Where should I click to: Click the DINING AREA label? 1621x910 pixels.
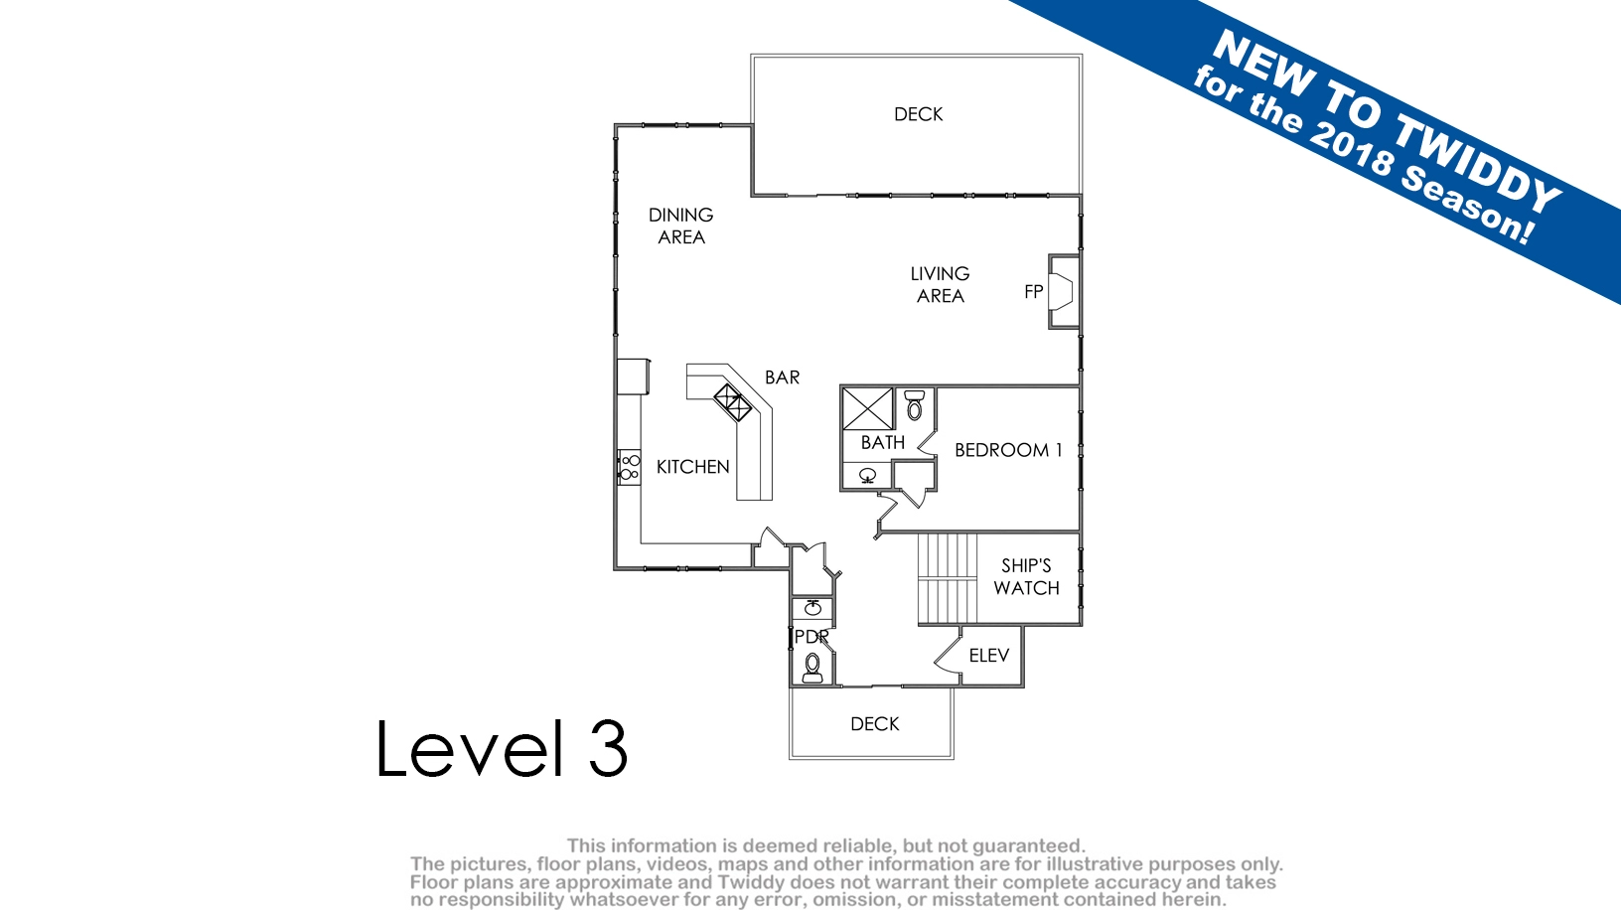point(681,226)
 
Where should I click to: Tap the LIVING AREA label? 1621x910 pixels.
point(940,284)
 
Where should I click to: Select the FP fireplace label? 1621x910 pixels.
point(1033,291)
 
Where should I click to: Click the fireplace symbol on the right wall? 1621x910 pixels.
point(1062,292)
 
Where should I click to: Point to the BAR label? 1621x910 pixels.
point(783,378)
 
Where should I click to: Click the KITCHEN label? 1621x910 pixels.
point(692,467)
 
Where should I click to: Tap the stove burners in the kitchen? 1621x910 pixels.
point(629,467)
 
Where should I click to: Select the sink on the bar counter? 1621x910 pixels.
point(733,402)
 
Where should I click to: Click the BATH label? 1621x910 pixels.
point(883,442)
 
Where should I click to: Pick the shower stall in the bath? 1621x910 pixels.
point(868,409)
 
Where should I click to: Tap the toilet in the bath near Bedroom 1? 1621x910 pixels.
point(915,405)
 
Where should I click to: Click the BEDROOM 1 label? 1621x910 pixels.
point(1008,450)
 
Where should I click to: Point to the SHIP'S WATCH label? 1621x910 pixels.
point(1026,577)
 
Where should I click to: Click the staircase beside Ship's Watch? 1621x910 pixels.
point(948,578)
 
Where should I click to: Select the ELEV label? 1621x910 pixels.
point(988,655)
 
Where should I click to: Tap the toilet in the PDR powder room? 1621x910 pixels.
point(812,668)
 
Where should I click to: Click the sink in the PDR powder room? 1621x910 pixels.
point(812,608)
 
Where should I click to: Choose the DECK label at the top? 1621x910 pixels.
point(919,114)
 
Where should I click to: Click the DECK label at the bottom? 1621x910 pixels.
point(875,724)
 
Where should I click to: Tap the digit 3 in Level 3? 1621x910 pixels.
point(608,748)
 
